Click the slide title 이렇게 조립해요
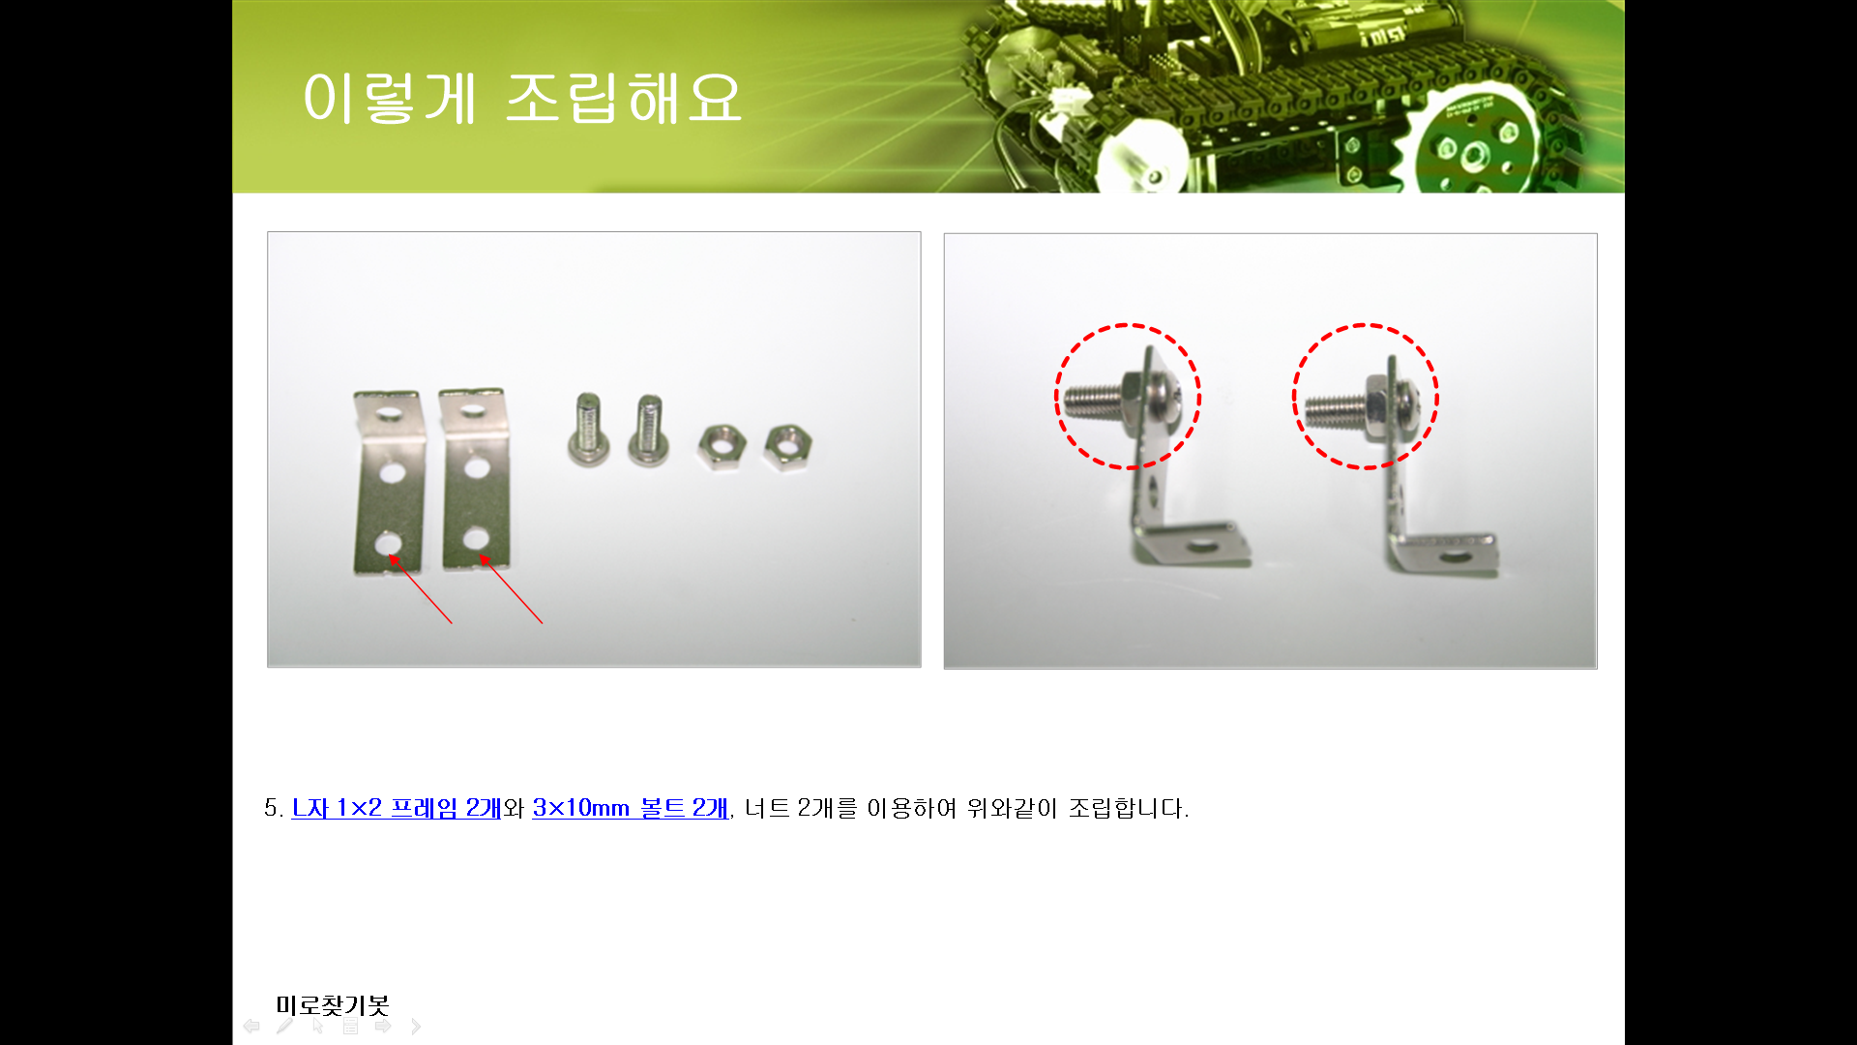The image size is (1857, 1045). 522,98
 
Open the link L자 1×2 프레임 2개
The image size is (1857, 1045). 397,808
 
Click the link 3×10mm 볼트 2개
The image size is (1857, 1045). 630,808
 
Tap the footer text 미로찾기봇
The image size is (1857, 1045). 332,1005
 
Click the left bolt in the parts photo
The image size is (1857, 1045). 588,430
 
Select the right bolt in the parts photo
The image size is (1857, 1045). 649,430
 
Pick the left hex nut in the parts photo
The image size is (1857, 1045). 722,447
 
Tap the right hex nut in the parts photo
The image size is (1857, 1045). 787,447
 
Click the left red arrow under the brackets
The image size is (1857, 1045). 421,588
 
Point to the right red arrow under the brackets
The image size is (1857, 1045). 511,588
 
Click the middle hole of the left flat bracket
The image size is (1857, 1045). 392,472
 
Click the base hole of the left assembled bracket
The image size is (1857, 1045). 1202,547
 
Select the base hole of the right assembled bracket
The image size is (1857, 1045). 1453,557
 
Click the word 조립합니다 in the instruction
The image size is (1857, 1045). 1128,808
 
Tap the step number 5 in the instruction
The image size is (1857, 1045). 271,808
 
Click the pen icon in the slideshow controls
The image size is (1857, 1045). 284,1026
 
